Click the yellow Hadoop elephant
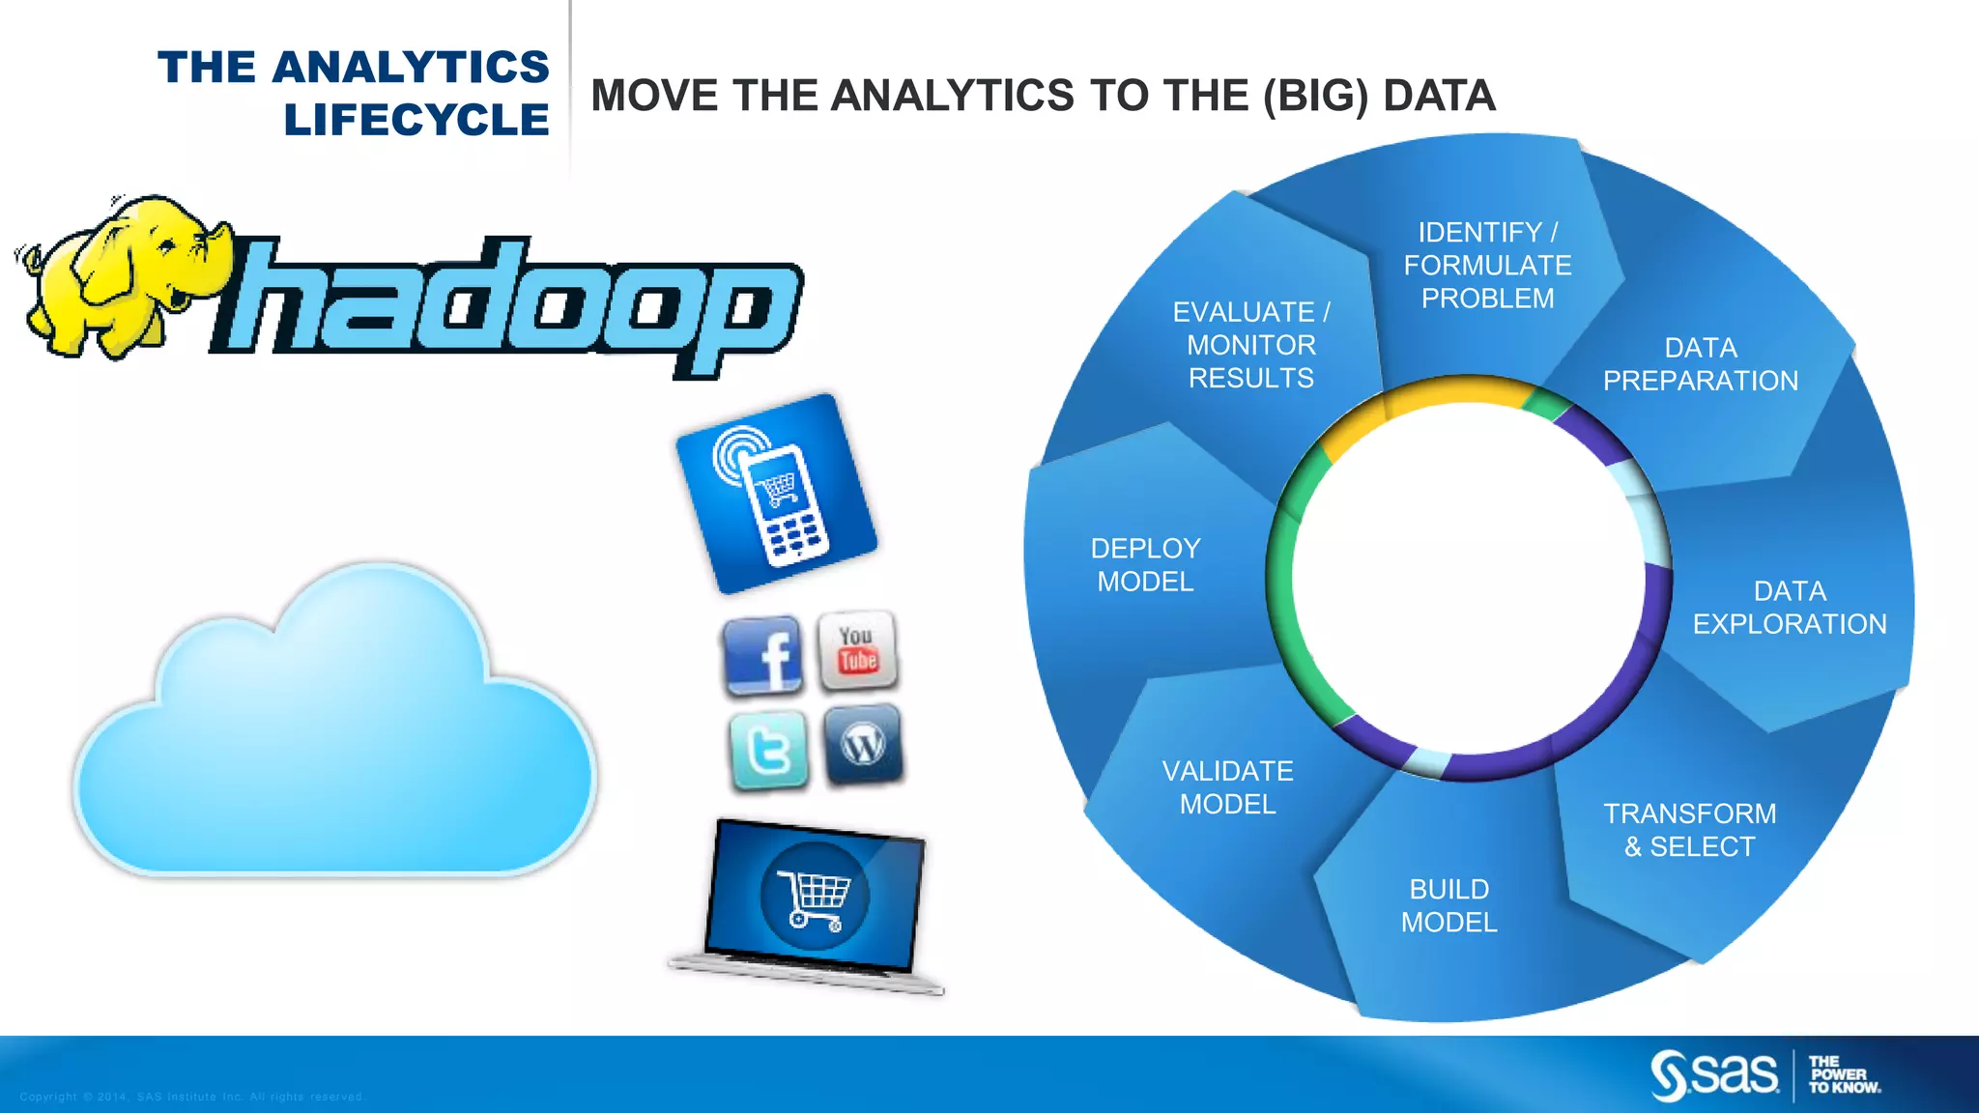pyautogui.click(x=116, y=275)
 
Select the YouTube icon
pyautogui.click(x=858, y=650)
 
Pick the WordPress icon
pyautogui.click(x=864, y=744)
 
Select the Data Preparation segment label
pyautogui.click(x=1700, y=364)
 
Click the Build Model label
pyautogui.click(x=1448, y=905)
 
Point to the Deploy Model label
pyautogui.click(x=1145, y=565)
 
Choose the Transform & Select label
pyautogui.click(x=1689, y=830)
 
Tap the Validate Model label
pyautogui.click(x=1227, y=787)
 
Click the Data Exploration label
pyautogui.click(x=1789, y=608)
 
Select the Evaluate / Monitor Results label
pyautogui.click(x=1250, y=345)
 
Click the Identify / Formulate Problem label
pyautogui.click(x=1487, y=266)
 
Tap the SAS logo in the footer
pyautogui.click(x=1715, y=1075)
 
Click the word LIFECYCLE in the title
pyautogui.click(x=416, y=121)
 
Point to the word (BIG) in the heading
pyautogui.click(x=1315, y=96)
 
